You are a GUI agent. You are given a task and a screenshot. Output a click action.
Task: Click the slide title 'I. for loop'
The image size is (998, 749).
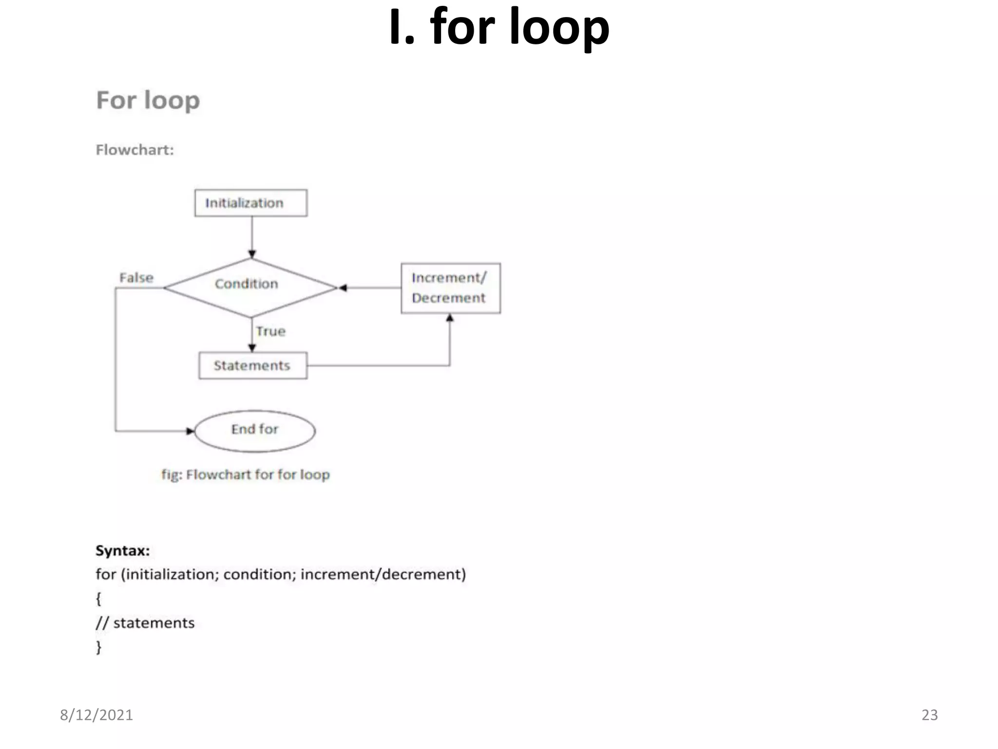(x=499, y=28)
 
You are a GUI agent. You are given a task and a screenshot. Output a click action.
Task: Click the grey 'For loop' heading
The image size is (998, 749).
(x=148, y=100)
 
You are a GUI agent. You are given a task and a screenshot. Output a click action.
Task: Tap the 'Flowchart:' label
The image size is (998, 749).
(x=134, y=150)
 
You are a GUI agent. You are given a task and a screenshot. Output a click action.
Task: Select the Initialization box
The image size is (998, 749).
(x=250, y=203)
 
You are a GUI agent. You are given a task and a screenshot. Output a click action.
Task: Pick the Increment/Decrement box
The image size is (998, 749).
(x=450, y=288)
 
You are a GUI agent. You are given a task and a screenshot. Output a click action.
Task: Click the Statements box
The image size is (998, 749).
(x=252, y=365)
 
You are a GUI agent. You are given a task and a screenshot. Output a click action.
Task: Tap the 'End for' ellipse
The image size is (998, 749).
(x=255, y=430)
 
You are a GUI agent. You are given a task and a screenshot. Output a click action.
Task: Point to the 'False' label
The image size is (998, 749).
(x=136, y=277)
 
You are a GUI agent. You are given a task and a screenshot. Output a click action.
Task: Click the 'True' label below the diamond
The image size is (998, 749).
(x=271, y=331)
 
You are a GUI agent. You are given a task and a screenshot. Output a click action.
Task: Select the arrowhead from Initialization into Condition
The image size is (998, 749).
(x=252, y=254)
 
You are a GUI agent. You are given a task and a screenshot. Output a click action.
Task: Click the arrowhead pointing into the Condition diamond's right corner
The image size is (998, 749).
(x=343, y=288)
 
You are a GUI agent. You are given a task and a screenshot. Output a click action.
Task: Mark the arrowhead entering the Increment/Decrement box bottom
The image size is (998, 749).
(x=450, y=318)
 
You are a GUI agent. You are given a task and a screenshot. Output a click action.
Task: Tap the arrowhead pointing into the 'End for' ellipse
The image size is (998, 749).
(x=190, y=431)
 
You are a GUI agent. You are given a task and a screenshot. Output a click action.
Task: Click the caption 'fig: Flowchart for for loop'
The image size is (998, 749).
(x=246, y=474)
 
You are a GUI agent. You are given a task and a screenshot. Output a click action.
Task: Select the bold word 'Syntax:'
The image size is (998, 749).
(x=123, y=551)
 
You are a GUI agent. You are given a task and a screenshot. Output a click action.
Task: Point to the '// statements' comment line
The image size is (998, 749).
(x=145, y=623)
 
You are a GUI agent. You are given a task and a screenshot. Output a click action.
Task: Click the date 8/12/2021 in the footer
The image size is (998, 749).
(x=96, y=715)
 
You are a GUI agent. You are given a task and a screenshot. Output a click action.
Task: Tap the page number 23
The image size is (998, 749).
(x=929, y=715)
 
